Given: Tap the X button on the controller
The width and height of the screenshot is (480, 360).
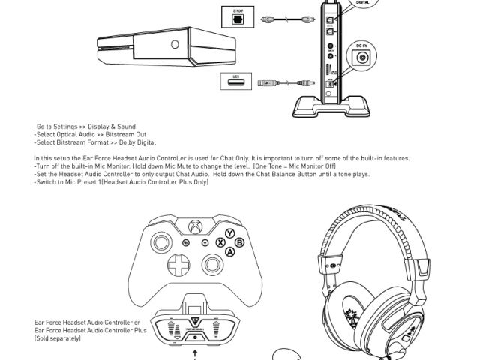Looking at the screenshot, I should (220, 243).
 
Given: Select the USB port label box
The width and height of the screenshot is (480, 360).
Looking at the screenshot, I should (235, 79).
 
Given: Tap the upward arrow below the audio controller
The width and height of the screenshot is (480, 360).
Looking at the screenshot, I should (196, 351).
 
